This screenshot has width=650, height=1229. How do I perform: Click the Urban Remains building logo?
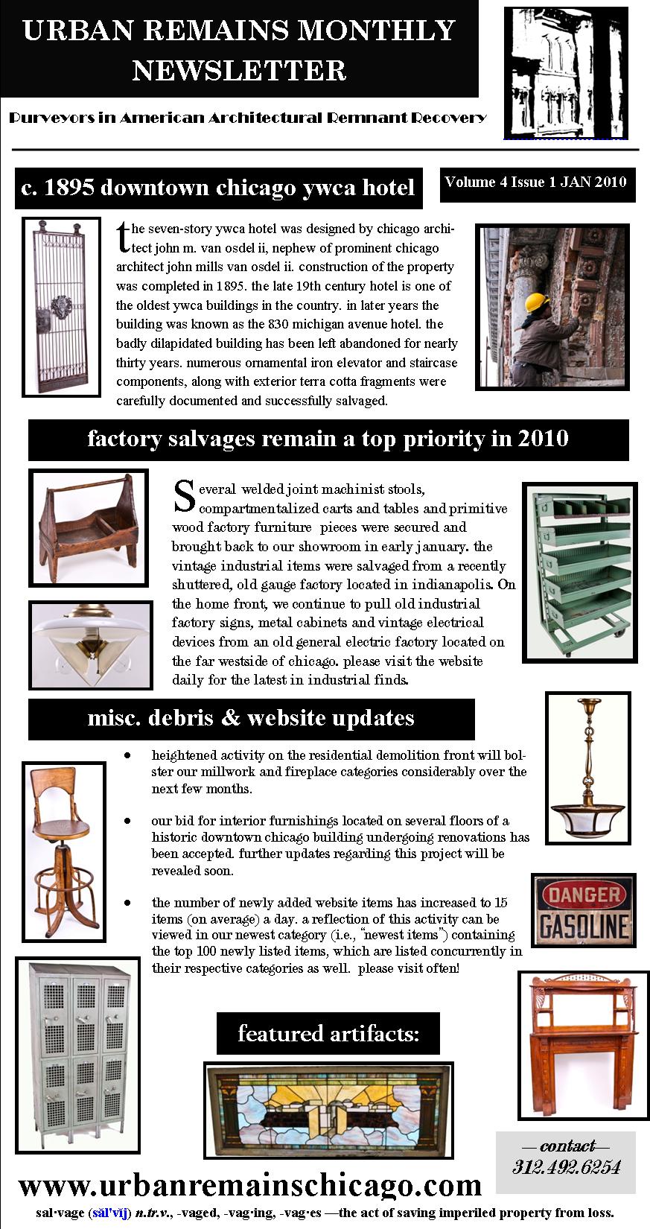(x=565, y=72)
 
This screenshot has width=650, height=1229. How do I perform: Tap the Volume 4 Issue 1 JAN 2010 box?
(x=537, y=182)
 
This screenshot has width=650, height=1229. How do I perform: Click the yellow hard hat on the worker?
(x=537, y=302)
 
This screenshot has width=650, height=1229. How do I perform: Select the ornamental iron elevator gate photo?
(x=61, y=306)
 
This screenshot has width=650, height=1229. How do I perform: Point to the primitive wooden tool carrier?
(x=89, y=527)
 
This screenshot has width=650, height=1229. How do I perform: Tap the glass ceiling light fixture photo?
(x=90, y=644)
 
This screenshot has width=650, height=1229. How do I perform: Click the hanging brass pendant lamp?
(x=587, y=767)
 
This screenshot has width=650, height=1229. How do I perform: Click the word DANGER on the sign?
(x=584, y=895)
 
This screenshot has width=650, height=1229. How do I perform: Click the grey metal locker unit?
(x=77, y=1050)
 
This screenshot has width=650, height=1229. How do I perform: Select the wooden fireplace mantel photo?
(x=577, y=1044)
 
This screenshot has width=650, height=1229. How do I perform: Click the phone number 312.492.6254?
(x=566, y=1166)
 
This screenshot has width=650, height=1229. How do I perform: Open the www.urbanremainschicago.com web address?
(x=250, y=1184)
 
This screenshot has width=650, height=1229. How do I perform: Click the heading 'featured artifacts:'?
(x=328, y=1033)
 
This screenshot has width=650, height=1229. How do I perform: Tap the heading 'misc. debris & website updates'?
(x=251, y=718)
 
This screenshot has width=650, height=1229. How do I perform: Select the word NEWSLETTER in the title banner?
(x=239, y=71)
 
